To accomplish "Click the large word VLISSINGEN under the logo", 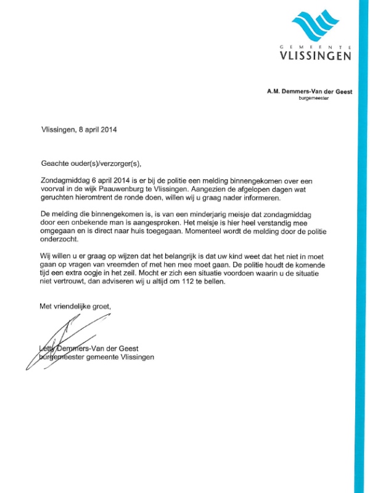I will tap(315, 56).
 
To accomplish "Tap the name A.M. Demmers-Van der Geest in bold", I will tap(309, 91).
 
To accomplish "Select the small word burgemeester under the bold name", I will tap(324, 98).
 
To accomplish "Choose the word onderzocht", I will tap(58, 241).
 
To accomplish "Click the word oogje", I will tap(97, 274).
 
